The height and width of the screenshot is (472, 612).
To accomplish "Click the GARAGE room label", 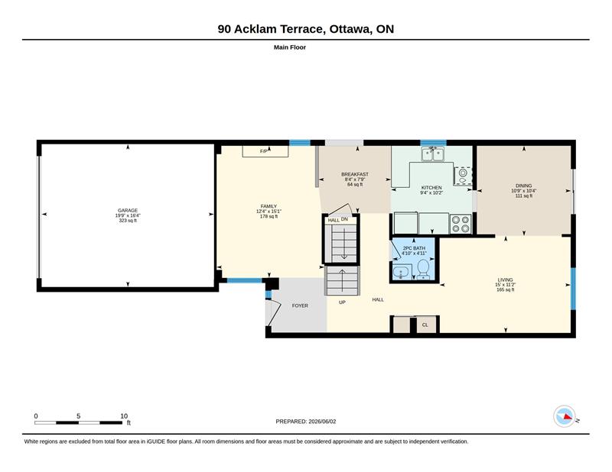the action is pos(128,211).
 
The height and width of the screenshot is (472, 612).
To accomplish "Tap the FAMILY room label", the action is pos(269,206).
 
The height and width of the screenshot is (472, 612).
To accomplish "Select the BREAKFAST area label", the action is pos(355,174).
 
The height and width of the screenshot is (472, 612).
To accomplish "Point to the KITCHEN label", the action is pos(431,187).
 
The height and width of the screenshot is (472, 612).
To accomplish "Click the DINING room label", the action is pos(524,186).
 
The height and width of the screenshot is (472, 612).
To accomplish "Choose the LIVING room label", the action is pos(505,280).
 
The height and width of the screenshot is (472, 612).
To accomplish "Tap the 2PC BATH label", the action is pos(414,248).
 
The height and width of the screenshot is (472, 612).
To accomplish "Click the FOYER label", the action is pos(300,306).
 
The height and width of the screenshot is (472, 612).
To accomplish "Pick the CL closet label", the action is pos(425,325).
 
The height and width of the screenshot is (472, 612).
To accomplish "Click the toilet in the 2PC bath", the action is pos(423,270).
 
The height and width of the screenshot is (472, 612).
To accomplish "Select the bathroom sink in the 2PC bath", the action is pos(401,273).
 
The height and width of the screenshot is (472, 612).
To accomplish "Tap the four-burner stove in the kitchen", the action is pos(461,224).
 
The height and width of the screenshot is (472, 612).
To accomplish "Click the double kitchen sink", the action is pos(433,154).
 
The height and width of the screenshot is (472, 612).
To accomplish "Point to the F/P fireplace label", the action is pos(264,151).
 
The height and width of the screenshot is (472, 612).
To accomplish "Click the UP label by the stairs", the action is pos(342,302).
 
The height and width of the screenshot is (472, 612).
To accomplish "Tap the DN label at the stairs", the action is pos(344,219).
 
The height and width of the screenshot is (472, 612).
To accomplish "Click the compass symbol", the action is pos(565,416).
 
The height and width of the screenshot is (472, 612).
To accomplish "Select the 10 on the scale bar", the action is pos(124,416).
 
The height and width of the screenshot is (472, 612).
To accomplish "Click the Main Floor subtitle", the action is pos(290,47).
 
